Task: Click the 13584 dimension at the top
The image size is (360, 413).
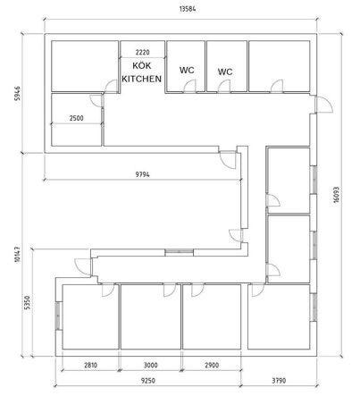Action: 188,9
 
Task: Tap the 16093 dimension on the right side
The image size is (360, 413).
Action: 336,195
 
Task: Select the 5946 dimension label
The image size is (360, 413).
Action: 18,93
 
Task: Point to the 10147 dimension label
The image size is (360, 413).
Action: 17,254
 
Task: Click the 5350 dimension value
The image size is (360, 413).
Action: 27,302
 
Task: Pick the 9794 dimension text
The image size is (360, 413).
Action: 143,174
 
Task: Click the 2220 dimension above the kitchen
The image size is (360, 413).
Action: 142,53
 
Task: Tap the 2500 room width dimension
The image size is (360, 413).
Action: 76,118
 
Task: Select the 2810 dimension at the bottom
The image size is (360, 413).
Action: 90,365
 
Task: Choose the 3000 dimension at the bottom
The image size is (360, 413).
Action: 151,365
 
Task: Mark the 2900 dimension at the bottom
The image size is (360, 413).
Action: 212,365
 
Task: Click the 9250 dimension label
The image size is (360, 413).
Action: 147,381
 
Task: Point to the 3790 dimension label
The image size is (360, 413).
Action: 279,381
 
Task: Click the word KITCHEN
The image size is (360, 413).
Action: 142,79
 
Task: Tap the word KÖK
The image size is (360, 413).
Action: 142,65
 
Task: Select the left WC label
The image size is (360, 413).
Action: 187,71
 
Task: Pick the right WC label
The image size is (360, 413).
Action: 225,72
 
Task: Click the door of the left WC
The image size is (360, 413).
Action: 189,86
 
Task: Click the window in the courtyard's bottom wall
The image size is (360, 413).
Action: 180,252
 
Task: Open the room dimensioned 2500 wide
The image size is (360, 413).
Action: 96,100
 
